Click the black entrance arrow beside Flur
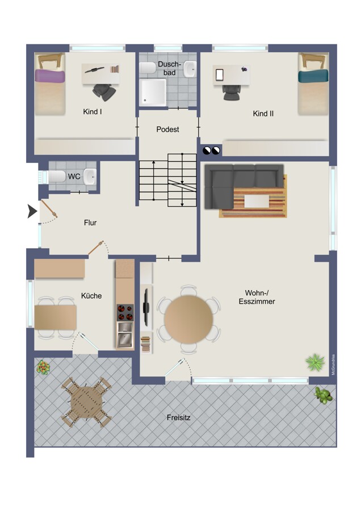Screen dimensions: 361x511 click(x=32, y=211)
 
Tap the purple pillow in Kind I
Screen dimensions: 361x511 click(x=50, y=76)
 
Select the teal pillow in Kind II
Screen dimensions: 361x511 click(x=313, y=76)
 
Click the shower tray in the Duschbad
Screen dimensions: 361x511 click(x=153, y=91)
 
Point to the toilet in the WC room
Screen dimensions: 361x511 click(x=57, y=177)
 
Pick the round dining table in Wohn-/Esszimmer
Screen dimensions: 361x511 click(x=188, y=319)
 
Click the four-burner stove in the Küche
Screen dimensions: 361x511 click(x=125, y=312)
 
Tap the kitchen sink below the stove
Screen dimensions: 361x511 click(x=125, y=334)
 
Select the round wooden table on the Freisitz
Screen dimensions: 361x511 click(x=86, y=403)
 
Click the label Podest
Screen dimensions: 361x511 click(x=167, y=129)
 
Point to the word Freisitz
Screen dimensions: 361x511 click(x=178, y=417)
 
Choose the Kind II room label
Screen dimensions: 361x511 click(x=263, y=114)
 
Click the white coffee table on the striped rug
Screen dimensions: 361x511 click(x=257, y=201)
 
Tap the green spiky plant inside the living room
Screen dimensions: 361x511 click(x=315, y=362)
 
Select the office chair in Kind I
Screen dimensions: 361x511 click(x=104, y=91)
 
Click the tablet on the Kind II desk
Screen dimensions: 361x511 click(x=219, y=74)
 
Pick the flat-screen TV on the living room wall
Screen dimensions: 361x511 click(x=146, y=307)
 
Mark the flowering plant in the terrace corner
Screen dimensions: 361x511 click(x=43, y=367)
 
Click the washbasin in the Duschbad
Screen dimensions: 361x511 click(x=190, y=69)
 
